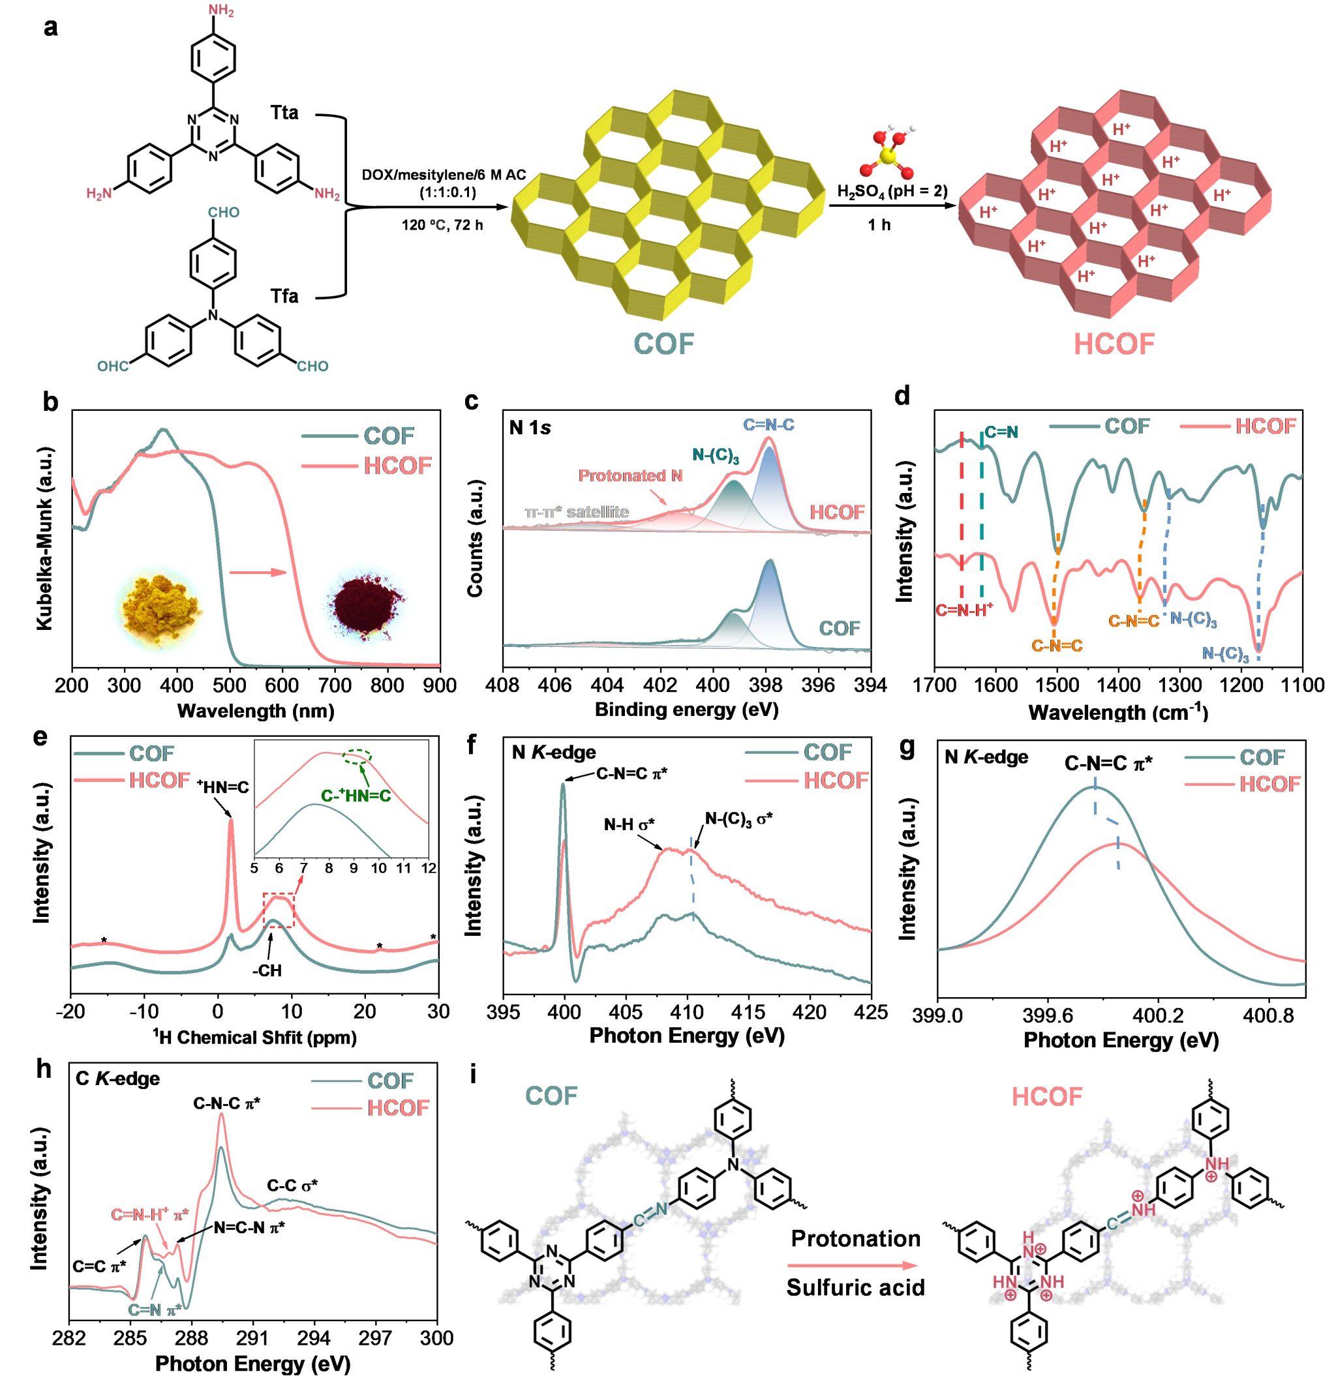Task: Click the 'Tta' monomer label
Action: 284,112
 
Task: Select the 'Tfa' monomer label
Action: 284,296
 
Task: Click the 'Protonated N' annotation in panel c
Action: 630,476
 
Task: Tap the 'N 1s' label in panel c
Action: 530,428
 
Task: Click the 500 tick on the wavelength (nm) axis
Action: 229,686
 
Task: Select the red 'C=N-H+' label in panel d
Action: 964,610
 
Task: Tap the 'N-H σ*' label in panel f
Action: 629,824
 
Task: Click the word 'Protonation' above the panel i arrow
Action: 855,1238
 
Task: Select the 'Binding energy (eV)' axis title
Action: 686,709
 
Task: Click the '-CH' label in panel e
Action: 267,971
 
